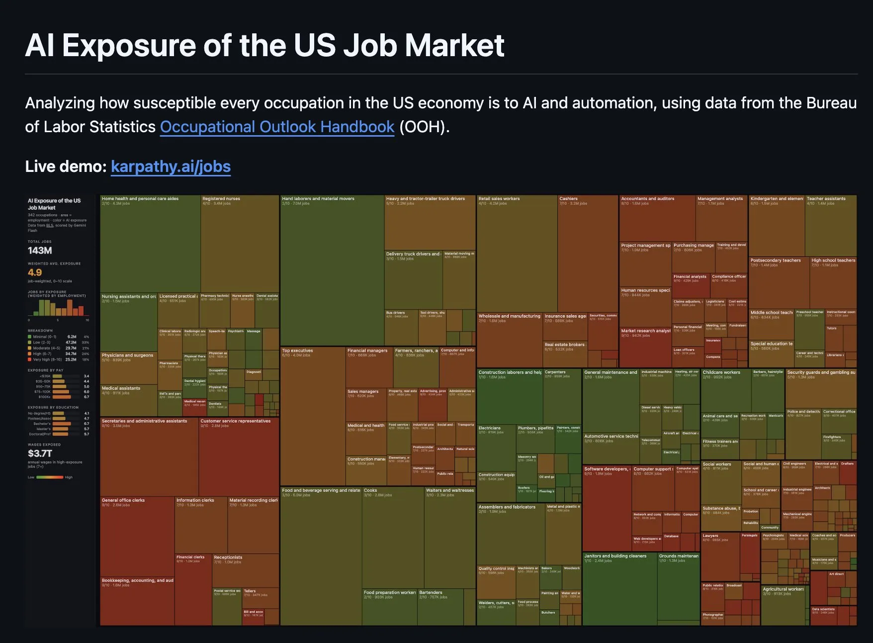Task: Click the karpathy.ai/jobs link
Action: click(171, 166)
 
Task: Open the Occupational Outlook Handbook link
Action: click(277, 127)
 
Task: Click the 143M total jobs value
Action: click(40, 250)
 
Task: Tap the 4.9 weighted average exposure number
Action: click(35, 272)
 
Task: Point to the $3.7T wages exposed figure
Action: click(40, 453)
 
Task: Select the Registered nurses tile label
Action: click(221, 199)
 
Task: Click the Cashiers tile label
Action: click(568, 199)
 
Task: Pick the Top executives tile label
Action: click(297, 351)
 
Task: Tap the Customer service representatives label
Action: click(236, 421)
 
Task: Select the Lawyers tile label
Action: click(710, 536)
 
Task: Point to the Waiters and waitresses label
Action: click(450, 490)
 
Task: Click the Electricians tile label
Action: click(489, 428)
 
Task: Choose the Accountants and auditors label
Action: click(647, 199)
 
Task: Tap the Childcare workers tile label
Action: click(721, 372)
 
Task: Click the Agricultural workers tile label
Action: click(783, 589)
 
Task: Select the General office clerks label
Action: click(123, 500)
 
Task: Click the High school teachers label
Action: click(833, 260)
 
